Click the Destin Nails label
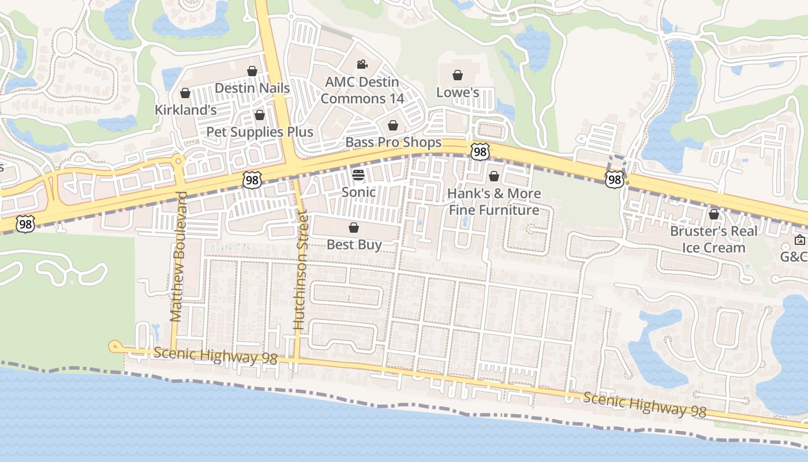pos(252,88)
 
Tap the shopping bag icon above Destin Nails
pos(252,71)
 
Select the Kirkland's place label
pos(185,110)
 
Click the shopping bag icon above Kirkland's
pos(185,93)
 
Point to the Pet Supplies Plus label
pos(260,132)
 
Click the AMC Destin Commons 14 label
pos(362,90)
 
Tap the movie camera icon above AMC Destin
pos(362,65)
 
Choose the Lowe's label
pos(458,92)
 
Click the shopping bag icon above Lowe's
pos(458,75)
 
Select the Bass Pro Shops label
pos(393,142)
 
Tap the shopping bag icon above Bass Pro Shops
pos(393,125)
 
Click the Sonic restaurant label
pos(358,192)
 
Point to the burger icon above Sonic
pos(358,175)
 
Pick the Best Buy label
pos(354,244)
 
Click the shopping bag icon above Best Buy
pos(354,228)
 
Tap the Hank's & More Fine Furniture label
pos(495,201)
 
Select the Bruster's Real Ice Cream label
pos(713,239)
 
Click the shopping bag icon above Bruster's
pos(714,214)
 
